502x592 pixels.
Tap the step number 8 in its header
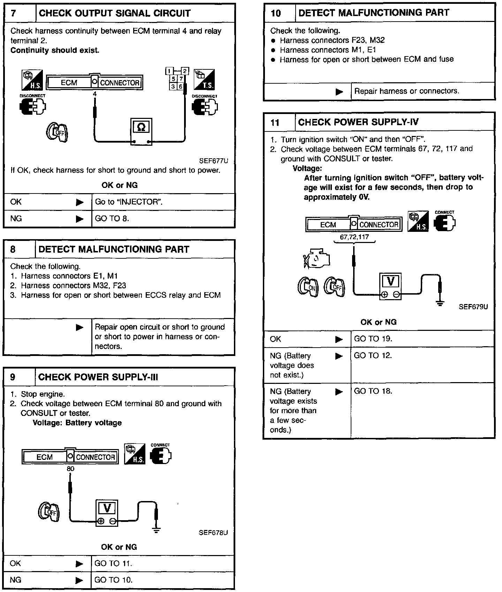point(13,249)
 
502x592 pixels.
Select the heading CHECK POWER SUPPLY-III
point(98,377)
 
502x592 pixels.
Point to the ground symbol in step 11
point(440,303)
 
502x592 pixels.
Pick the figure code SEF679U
point(473,307)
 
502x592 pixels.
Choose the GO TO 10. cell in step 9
point(113,580)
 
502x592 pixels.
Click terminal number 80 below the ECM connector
point(70,469)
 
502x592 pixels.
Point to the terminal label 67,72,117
point(354,237)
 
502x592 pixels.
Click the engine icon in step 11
point(316,259)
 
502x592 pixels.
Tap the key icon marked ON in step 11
point(307,287)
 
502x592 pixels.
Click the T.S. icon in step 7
point(205,80)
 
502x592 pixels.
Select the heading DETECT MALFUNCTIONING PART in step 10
point(374,13)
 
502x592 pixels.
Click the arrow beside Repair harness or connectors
point(339,92)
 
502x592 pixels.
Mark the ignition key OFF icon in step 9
point(48,511)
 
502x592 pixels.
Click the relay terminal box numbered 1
point(169,71)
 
